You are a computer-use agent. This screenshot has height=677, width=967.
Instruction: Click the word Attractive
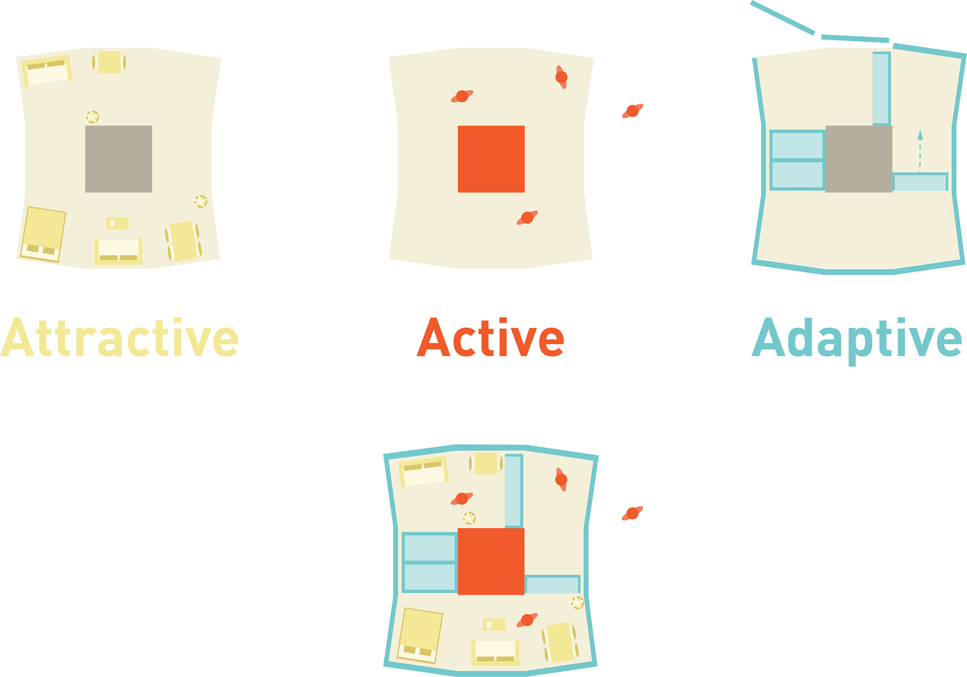(x=119, y=338)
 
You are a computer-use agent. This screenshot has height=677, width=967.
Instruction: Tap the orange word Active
(x=491, y=338)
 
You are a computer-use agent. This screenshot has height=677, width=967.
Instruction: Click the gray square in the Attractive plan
(x=118, y=159)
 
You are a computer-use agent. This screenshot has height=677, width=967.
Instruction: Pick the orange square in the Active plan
(x=491, y=159)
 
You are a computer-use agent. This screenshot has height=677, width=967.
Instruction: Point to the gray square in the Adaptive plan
(x=859, y=159)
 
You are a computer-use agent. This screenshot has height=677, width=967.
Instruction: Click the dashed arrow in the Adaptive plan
(x=920, y=151)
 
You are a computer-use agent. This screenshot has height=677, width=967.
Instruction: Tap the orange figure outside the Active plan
(x=633, y=111)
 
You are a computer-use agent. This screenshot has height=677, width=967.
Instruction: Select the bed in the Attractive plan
(x=43, y=234)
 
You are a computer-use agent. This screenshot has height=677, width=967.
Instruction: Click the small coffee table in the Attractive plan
(x=117, y=223)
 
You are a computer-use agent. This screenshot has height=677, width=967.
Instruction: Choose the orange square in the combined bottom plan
(x=491, y=561)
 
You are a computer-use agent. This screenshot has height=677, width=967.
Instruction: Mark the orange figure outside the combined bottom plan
(x=633, y=513)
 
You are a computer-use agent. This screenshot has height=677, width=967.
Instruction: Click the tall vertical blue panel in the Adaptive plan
(x=881, y=88)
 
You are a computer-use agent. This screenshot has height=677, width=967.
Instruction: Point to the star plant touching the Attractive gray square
(x=92, y=117)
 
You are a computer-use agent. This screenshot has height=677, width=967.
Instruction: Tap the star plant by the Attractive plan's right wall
(x=201, y=201)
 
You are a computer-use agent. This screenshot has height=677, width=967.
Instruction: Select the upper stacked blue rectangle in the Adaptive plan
(x=797, y=145)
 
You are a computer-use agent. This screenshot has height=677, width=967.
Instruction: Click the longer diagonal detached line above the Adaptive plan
(x=782, y=18)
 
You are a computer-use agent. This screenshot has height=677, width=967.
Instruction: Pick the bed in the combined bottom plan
(x=420, y=636)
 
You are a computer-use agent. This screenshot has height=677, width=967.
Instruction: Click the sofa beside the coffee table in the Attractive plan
(x=118, y=250)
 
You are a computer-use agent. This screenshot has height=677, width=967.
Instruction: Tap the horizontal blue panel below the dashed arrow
(x=920, y=182)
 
